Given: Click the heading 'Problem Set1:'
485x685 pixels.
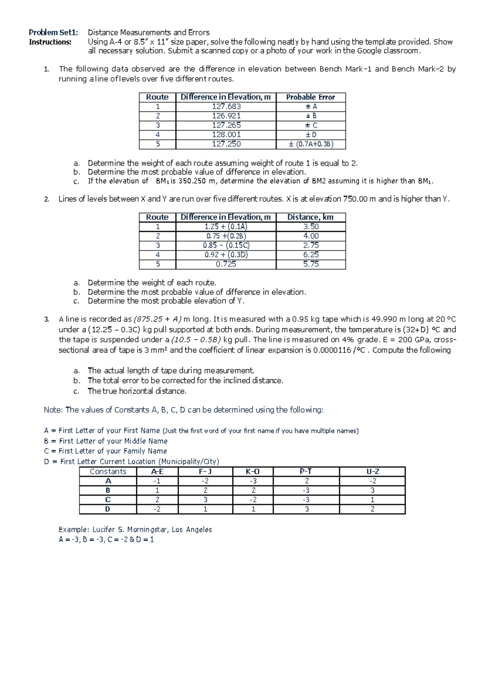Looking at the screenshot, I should (53, 32).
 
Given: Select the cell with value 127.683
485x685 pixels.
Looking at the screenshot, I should (226, 107).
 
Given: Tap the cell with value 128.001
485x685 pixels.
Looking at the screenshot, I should (226, 134).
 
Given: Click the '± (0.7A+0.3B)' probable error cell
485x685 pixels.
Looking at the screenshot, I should (311, 144).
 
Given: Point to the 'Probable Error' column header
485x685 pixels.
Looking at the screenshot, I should (310, 97).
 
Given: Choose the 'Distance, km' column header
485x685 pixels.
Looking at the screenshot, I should (310, 217).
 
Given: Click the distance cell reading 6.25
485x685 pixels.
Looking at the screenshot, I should (310, 255).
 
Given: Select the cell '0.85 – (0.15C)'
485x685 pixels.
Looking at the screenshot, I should (226, 246).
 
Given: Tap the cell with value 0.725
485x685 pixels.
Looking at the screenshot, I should (226, 264).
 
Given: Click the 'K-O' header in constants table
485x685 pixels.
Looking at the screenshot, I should (253, 472).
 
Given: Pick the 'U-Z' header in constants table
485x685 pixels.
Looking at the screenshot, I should (372, 472).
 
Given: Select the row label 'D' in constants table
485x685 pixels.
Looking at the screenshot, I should (108, 509).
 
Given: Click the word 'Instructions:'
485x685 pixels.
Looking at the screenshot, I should (50, 42).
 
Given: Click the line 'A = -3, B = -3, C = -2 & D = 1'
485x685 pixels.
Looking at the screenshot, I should (106, 540).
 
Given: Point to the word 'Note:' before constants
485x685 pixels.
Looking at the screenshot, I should (53, 410).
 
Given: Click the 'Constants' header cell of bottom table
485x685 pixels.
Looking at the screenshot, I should (108, 472).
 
